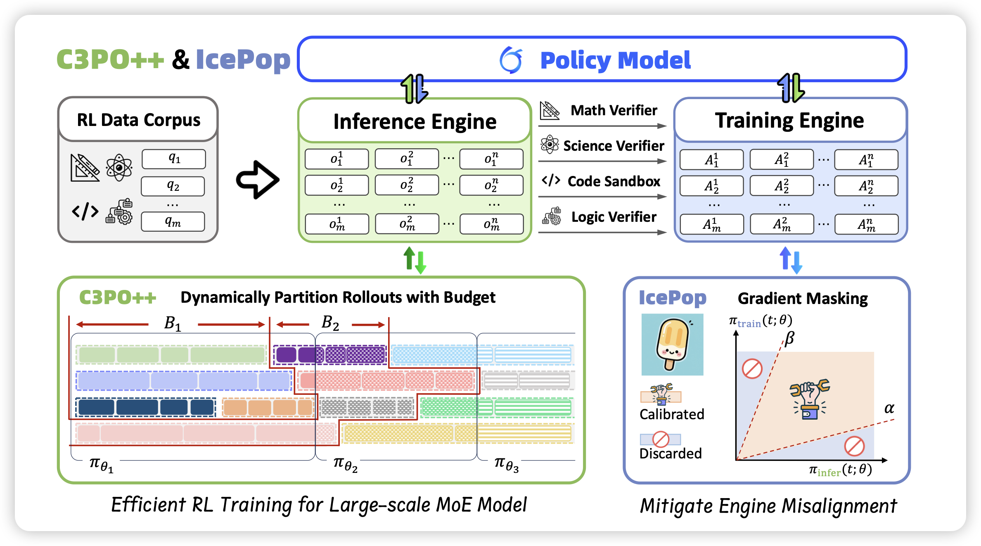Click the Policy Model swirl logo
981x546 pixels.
(511, 60)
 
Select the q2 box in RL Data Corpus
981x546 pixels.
(173, 186)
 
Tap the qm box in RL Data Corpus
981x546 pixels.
(173, 222)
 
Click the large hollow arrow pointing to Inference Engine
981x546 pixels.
(258, 180)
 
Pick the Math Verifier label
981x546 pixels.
(614, 110)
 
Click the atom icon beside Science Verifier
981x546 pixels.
(550, 145)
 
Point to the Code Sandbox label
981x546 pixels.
(614, 181)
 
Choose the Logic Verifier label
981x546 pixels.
(614, 217)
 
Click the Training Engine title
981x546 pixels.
(789, 121)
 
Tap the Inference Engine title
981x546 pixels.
(415, 122)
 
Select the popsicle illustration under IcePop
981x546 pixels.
(672, 344)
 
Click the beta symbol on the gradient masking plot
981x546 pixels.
(789, 338)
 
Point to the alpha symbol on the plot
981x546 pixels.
(889, 408)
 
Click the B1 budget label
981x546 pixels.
(173, 323)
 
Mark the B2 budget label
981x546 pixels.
(330, 323)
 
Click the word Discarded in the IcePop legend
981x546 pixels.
(671, 453)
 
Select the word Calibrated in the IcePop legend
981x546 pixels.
(672, 414)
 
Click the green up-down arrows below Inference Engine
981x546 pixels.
(415, 260)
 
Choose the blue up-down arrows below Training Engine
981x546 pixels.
(791, 260)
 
